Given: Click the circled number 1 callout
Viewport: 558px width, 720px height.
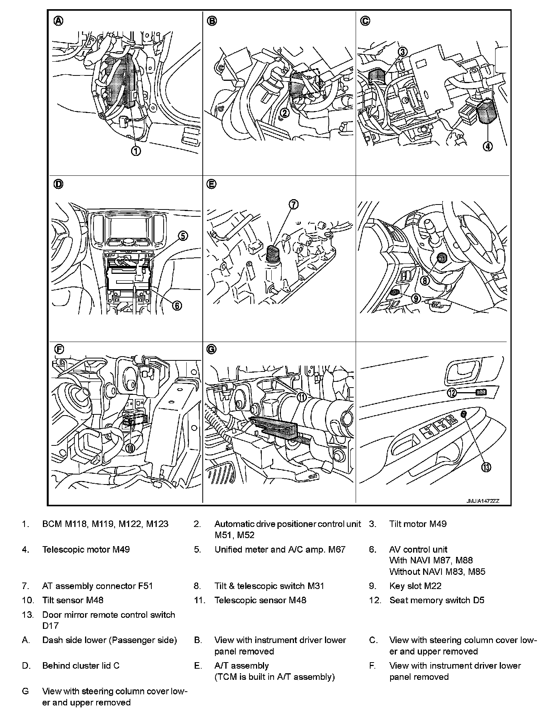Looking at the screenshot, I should (136, 151).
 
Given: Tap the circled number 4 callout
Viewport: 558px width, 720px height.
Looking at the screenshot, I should (488, 146).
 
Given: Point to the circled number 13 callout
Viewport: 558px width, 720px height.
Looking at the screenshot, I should (486, 467).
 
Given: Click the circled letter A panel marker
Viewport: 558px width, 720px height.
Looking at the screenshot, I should (58, 21).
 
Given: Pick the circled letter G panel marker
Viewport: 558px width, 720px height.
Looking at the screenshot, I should (211, 349).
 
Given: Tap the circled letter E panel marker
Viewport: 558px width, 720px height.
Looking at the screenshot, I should (211, 185).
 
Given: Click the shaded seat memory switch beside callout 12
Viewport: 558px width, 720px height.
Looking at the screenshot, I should (481, 392).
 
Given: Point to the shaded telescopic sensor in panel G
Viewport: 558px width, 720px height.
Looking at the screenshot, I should (275, 428).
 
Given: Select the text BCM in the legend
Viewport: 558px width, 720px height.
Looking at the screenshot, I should (52, 524).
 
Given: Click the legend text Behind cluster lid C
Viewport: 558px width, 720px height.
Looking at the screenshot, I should (81, 666).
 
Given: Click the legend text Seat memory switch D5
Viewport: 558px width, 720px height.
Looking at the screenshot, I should (437, 600).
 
